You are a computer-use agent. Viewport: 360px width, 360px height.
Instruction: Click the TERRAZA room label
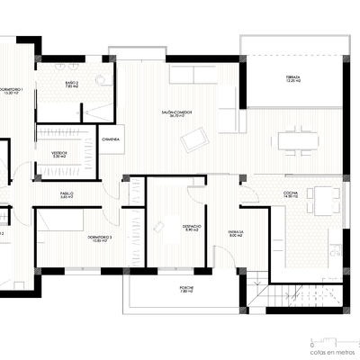coord(292,79)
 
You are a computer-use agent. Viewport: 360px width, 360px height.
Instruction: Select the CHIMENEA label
coord(112,139)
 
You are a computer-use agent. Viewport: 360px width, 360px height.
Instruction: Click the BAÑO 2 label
coord(72,85)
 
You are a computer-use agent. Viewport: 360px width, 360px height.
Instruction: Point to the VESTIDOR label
coord(59,154)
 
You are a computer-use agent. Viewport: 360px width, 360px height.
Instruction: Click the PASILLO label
coord(67,194)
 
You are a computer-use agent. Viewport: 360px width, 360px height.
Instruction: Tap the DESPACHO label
coord(191,229)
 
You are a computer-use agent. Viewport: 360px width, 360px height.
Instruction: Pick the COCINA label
coord(291,193)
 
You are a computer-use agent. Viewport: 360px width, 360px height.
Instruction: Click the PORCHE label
coord(186,290)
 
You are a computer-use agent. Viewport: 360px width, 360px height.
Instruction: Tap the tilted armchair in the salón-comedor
coord(193,139)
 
